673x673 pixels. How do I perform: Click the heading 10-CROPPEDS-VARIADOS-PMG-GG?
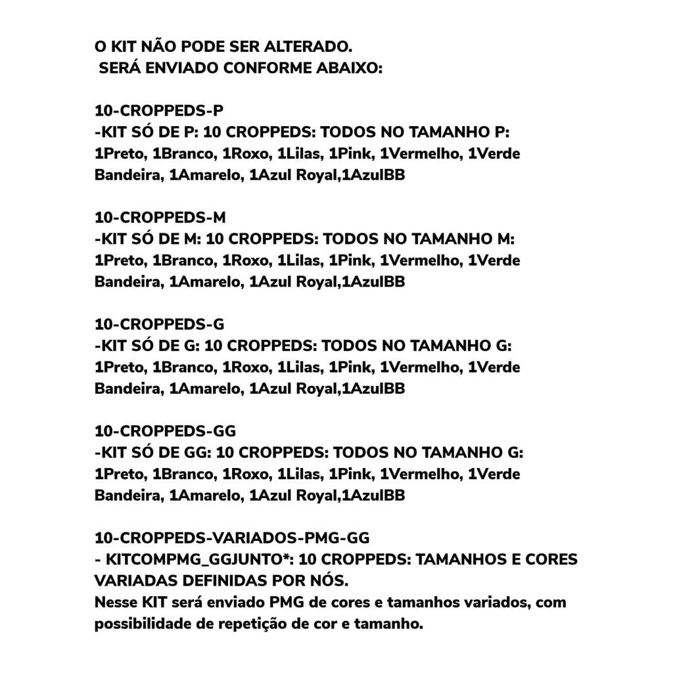[x=232, y=538]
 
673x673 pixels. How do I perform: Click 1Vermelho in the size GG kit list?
[x=420, y=475]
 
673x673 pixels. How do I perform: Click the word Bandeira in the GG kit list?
[x=128, y=496]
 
